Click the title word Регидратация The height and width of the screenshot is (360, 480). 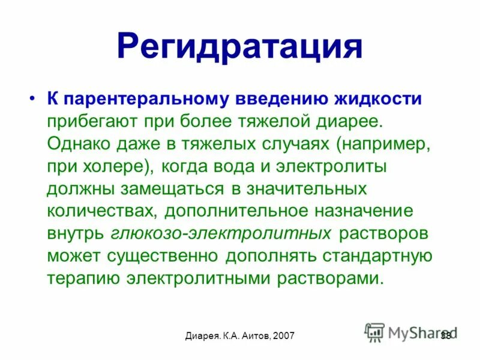pyautogui.click(x=239, y=46)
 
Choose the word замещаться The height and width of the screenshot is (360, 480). pyautogui.click(x=173, y=188)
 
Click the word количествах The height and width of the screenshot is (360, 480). pyautogui.click(x=100, y=211)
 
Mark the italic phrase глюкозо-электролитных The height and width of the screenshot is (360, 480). pyautogui.click(x=220, y=233)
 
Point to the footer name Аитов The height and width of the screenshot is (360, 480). pyautogui.click(x=251, y=336)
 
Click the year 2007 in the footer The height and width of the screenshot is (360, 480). pyautogui.click(x=283, y=336)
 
